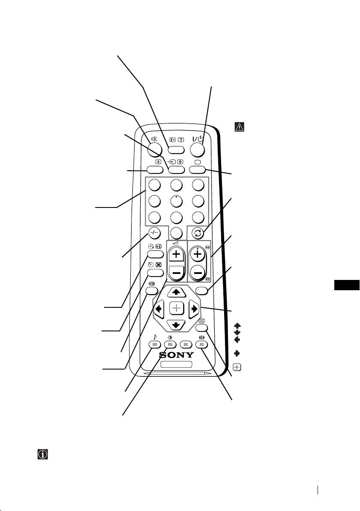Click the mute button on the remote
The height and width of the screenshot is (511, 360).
click(x=154, y=148)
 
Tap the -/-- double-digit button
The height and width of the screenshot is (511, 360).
click(x=155, y=233)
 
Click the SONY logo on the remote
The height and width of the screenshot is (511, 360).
click(x=177, y=355)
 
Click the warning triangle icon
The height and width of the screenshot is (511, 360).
click(x=239, y=127)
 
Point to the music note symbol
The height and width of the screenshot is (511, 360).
click(x=154, y=337)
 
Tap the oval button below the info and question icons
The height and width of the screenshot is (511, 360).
click(x=176, y=150)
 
